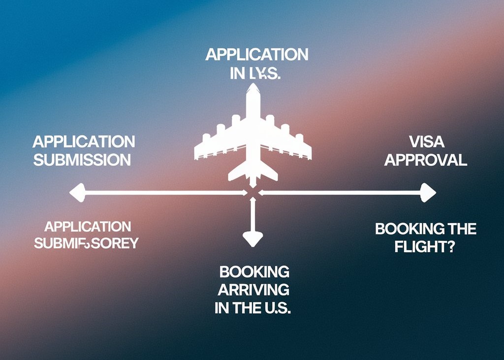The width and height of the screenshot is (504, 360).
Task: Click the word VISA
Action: pyautogui.click(x=426, y=142)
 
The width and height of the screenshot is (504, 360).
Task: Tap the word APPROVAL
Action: pyautogui.click(x=426, y=160)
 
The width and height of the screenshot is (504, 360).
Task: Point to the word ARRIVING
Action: pyautogui.click(x=253, y=290)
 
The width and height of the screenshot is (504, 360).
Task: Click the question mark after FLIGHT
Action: pyautogui.click(x=449, y=246)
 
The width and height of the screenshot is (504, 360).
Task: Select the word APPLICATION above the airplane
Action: pyautogui.click(x=257, y=55)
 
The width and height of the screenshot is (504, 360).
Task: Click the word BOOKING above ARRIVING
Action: pyautogui.click(x=254, y=271)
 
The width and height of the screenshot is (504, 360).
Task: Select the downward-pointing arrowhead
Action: pyautogui.click(x=253, y=240)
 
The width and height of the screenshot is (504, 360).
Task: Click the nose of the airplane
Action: pyautogui.click(x=253, y=87)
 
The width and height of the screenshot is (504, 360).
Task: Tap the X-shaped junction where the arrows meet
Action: pyautogui.click(x=253, y=193)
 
